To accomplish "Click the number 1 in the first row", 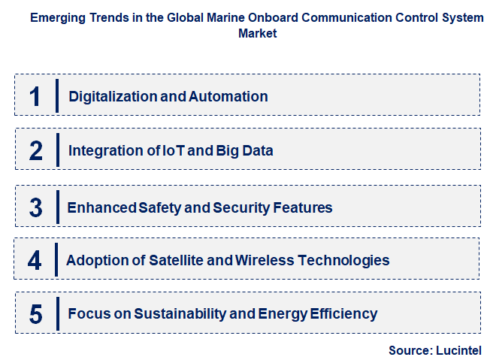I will [x=35, y=95].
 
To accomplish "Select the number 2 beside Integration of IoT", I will [x=35, y=150].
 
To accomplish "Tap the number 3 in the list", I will [x=35, y=207].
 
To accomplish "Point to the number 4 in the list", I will [x=35, y=260].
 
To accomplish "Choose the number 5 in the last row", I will [x=35, y=313].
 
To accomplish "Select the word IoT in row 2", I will [x=171, y=150].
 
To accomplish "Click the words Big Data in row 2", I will [x=245, y=150].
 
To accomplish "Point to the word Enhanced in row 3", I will [x=97, y=207].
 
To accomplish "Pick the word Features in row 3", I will [x=304, y=207].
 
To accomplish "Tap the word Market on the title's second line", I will [x=258, y=33].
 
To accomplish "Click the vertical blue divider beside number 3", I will [x=57, y=206].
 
